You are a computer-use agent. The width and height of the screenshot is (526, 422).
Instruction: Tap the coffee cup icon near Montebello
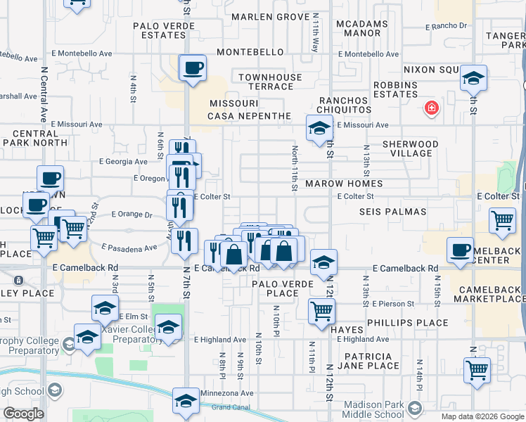(x=193, y=68)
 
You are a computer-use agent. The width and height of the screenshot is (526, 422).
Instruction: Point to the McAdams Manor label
(x=362, y=28)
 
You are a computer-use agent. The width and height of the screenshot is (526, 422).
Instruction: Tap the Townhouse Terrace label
(x=270, y=82)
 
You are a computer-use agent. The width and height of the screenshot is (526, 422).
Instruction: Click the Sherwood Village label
(x=410, y=148)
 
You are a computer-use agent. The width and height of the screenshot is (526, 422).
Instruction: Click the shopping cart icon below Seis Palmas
(x=502, y=219)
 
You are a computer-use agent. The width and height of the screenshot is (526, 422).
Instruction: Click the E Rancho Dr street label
(x=446, y=26)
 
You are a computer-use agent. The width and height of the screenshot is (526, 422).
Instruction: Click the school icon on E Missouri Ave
(x=319, y=129)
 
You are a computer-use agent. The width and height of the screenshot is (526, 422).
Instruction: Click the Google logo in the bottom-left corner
(x=23, y=414)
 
